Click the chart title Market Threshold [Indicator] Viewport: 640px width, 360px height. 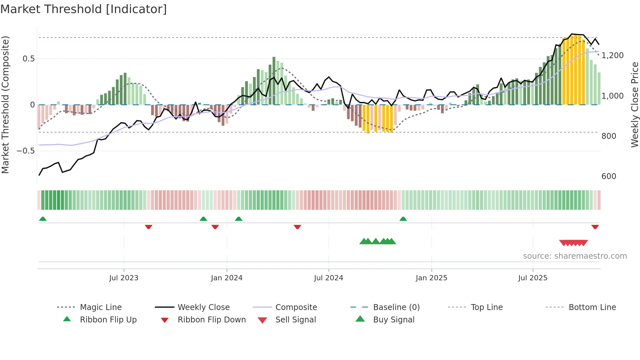click(x=84, y=9)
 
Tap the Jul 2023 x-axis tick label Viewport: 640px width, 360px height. click(x=124, y=278)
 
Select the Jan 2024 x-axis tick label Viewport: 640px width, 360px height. click(x=227, y=278)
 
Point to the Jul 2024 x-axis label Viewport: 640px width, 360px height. click(x=328, y=278)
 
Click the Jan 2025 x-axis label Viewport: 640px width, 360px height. click(x=431, y=278)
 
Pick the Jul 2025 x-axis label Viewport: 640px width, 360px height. click(x=533, y=278)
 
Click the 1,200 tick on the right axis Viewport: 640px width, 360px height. click(x=613, y=56)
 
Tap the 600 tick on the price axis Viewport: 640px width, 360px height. click(x=609, y=176)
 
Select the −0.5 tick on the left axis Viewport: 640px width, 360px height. click(x=25, y=151)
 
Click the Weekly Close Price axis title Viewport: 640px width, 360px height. click(x=634, y=105)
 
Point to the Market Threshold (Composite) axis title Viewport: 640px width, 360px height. click(x=5, y=105)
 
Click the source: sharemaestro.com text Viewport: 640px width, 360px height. click(x=575, y=256)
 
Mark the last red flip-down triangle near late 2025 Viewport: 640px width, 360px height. click(x=595, y=227)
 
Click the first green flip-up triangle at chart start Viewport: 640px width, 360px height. click(x=43, y=219)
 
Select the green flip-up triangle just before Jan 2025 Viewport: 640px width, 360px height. click(x=403, y=219)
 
